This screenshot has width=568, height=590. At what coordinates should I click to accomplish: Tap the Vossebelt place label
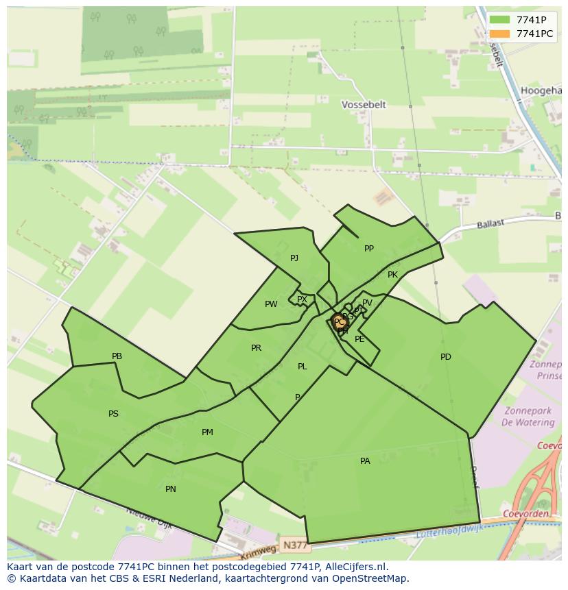click(364, 105)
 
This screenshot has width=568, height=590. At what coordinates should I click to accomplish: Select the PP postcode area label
click(369, 249)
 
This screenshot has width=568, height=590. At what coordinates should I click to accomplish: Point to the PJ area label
click(294, 258)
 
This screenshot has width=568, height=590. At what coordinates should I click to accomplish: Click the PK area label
click(392, 275)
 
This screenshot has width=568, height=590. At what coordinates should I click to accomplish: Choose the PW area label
click(271, 304)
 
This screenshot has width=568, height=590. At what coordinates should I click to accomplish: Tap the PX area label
click(302, 299)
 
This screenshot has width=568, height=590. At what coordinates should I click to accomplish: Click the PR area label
click(256, 348)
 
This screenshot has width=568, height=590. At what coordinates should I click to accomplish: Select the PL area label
click(303, 367)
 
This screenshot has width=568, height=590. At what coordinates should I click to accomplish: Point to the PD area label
click(446, 357)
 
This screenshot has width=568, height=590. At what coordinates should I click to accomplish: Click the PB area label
click(117, 356)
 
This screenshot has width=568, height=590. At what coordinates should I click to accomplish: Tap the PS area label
click(113, 414)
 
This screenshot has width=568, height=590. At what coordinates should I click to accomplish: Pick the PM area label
click(207, 432)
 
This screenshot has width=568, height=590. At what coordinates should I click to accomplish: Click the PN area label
click(171, 489)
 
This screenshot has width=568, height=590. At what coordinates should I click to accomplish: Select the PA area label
click(365, 461)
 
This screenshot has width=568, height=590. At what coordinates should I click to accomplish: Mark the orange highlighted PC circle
click(339, 322)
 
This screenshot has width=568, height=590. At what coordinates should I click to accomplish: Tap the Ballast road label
click(490, 223)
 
